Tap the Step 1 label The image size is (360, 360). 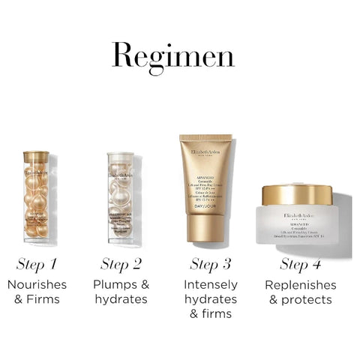37,264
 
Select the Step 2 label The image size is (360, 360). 121,264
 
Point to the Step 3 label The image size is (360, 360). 210,264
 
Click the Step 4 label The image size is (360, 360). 301,264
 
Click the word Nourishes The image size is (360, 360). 37,285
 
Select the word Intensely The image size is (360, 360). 211,285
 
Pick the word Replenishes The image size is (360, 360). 301,285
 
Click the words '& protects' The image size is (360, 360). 301,300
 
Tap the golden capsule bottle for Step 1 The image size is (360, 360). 36,199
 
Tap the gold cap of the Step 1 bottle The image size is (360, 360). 36,157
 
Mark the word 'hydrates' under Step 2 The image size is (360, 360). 121,300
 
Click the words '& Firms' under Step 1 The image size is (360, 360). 37,300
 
